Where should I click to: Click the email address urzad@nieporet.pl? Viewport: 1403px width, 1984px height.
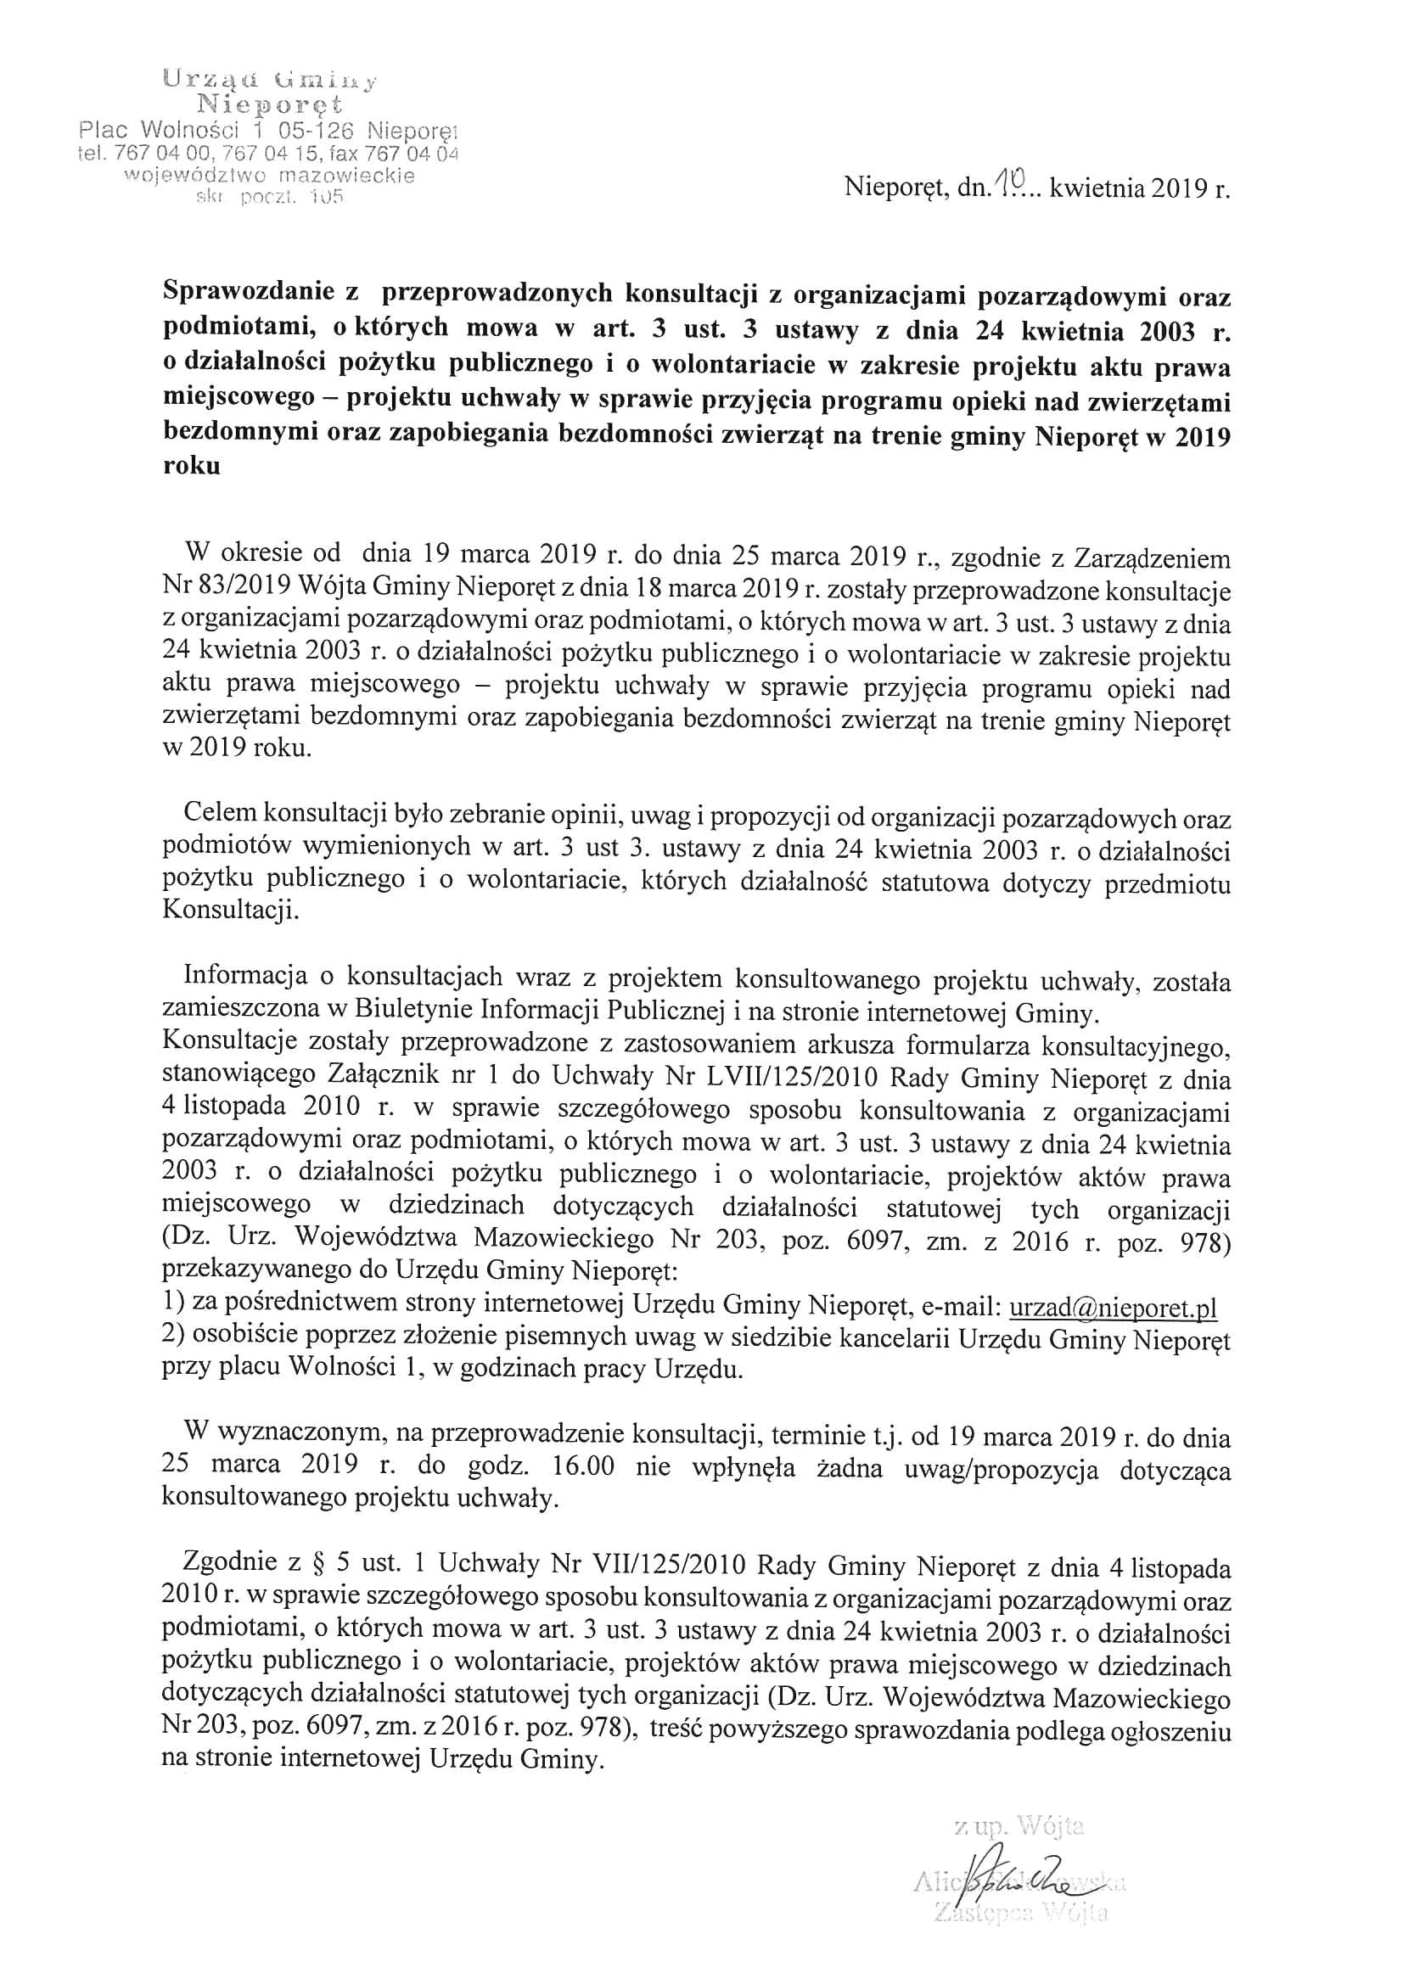[x=1113, y=1308]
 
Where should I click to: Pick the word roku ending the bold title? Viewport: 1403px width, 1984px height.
[x=192, y=467]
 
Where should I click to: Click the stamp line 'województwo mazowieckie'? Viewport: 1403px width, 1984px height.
[x=270, y=177]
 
